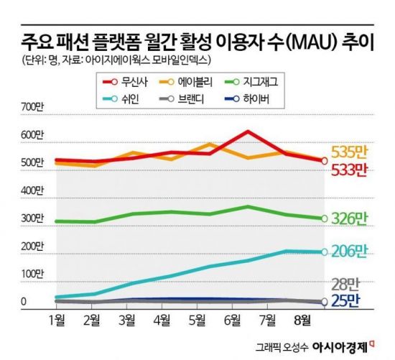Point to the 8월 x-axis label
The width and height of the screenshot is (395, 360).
point(302,318)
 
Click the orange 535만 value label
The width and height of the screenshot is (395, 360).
point(348,152)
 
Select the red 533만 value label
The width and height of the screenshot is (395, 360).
point(348,170)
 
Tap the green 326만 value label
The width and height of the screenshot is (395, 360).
point(348,218)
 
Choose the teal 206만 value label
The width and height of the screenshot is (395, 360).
point(348,251)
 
